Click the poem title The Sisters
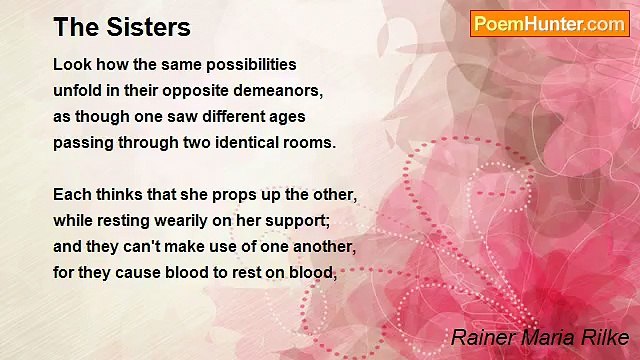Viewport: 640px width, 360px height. tap(122, 27)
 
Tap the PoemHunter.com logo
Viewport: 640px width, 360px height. tap(549, 24)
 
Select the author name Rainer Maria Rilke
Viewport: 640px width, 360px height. tap(540, 336)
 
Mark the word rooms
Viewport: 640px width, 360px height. tap(309, 142)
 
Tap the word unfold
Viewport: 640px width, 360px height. tap(76, 90)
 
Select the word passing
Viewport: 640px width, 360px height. tap(84, 142)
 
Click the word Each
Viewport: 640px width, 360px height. tap(71, 194)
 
